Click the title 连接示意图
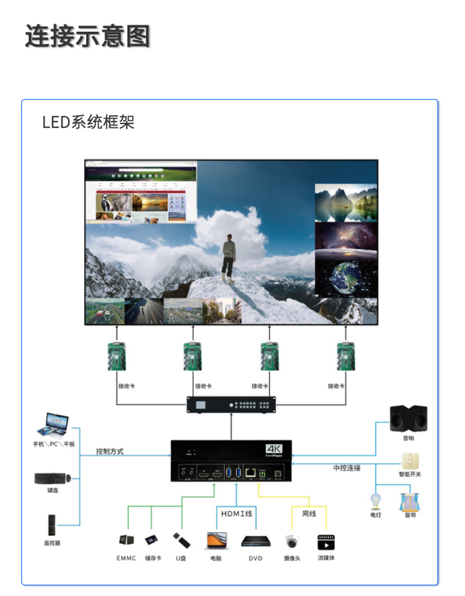[x=87, y=36]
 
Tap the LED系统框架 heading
[x=88, y=122]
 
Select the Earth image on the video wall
[x=346, y=277]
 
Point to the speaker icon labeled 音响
[x=408, y=418]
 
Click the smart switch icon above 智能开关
[x=410, y=461]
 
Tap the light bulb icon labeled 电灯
[x=376, y=501]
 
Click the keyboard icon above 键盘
[x=52, y=478]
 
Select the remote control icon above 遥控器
[x=52, y=525]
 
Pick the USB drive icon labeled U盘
[x=181, y=539]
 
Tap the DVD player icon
[x=255, y=541]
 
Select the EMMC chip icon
[x=126, y=540]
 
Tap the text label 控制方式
[x=110, y=452]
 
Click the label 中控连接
[x=347, y=468]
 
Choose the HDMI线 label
[x=237, y=514]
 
